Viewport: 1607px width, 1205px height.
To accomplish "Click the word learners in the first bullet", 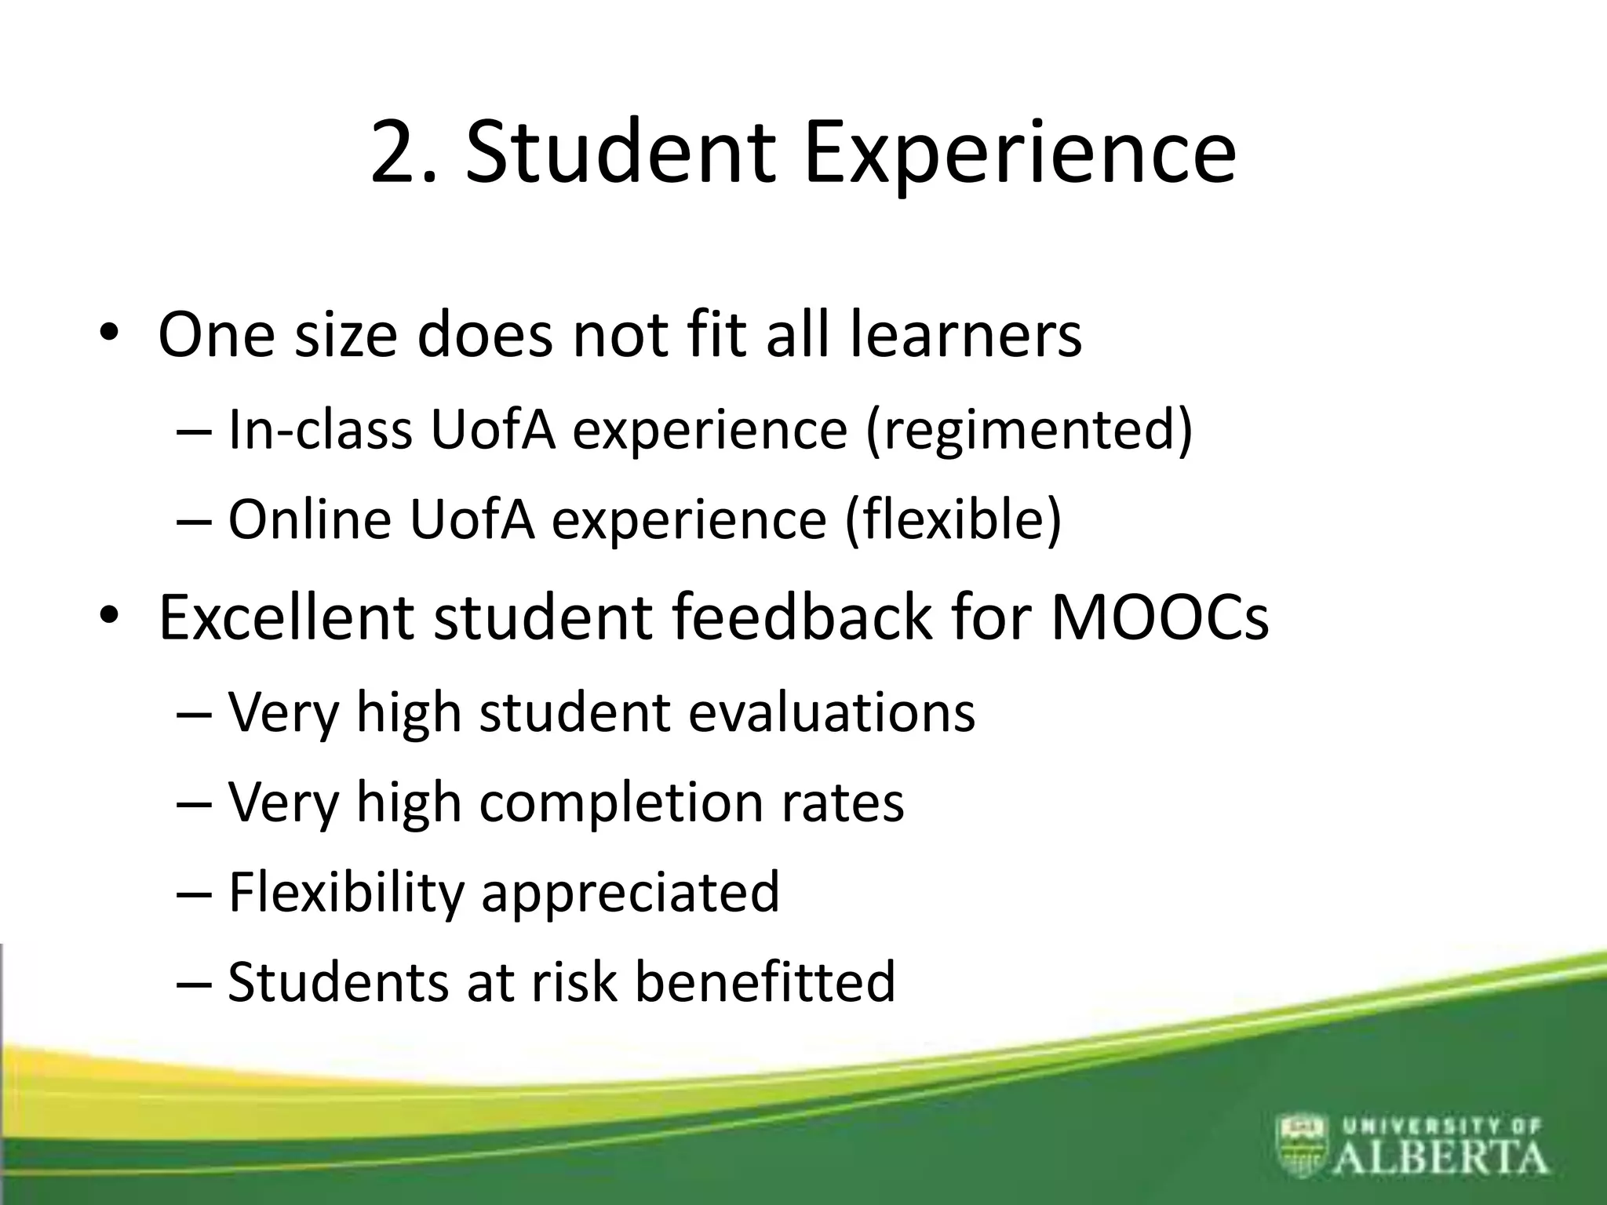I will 966,335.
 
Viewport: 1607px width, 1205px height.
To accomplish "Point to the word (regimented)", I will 1029,431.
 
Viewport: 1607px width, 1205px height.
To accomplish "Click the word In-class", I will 320,430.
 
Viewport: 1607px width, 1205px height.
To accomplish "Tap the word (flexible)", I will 953,520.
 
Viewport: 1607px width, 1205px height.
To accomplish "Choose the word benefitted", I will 764,982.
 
